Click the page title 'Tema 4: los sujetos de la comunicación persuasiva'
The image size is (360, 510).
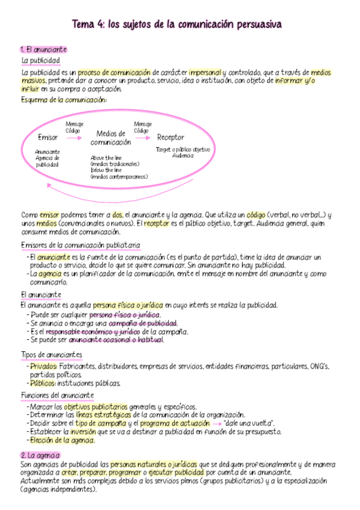[x=177, y=24]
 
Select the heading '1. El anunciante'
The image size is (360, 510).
[x=43, y=49]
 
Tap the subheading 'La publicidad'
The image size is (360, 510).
[x=40, y=61]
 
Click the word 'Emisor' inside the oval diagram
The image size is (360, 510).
[x=48, y=137]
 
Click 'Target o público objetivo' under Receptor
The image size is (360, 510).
[x=183, y=149]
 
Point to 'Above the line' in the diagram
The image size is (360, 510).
[x=105, y=158]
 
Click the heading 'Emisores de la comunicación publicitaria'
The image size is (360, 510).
[x=81, y=245]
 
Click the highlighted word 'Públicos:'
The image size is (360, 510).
[x=43, y=382]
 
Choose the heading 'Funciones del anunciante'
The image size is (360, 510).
[x=57, y=395]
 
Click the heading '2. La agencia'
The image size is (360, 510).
[x=40, y=455]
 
